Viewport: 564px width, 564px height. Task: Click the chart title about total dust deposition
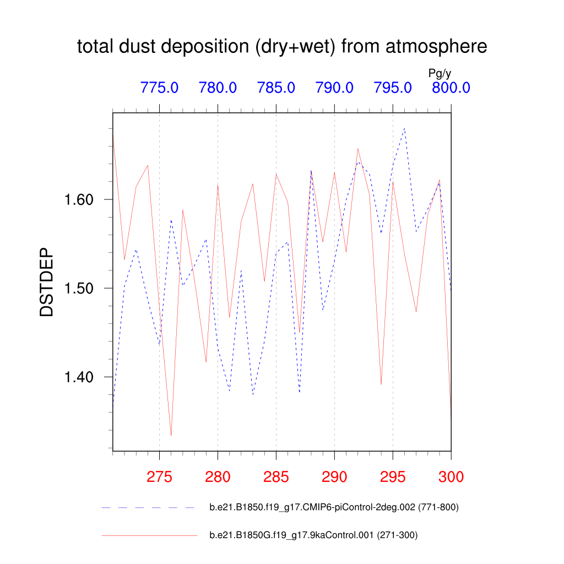[x=282, y=47]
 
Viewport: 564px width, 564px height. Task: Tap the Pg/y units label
[x=440, y=73]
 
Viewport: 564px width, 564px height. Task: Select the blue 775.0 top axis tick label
[x=159, y=88]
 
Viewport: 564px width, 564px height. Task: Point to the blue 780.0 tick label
[x=218, y=88]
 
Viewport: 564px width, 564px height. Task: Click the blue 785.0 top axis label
[x=276, y=88]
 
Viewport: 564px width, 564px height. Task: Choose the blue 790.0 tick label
[x=334, y=88]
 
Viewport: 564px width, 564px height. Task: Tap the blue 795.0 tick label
[x=393, y=88]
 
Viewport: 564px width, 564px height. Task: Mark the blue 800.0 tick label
[x=451, y=88]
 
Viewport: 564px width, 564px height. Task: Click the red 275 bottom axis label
[x=159, y=477]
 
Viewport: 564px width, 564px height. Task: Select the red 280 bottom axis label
[x=218, y=477]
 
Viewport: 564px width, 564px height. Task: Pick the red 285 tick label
[x=276, y=477]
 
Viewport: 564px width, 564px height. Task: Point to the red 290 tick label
[x=334, y=477]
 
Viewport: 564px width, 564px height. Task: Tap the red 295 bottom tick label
[x=393, y=477]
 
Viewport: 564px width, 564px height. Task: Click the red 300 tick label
[x=451, y=477]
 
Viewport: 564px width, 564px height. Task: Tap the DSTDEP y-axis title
[x=47, y=283]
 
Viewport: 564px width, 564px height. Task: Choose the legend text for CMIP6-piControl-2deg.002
[x=334, y=507]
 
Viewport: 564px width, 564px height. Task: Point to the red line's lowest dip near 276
[x=171, y=436]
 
